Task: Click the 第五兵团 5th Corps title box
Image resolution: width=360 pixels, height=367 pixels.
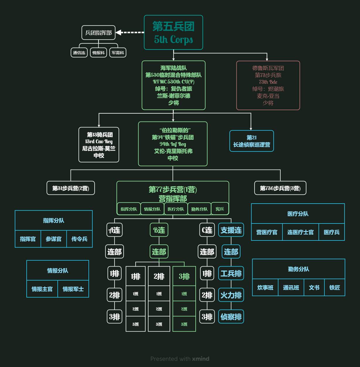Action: tap(173, 33)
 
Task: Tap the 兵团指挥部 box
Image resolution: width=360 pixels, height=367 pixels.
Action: tap(98, 33)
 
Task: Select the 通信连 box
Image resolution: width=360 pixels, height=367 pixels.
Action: tap(79, 53)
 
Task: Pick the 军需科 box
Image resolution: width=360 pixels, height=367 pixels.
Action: tap(118, 53)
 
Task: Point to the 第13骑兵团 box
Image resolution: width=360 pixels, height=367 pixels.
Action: tap(99, 145)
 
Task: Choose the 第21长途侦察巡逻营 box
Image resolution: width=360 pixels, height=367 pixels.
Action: tap(252, 141)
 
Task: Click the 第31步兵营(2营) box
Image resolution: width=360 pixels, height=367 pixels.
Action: tap(71, 188)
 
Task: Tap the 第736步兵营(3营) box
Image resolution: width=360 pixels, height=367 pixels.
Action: tap(280, 188)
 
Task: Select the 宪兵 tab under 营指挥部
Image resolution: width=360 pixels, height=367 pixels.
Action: tap(220, 209)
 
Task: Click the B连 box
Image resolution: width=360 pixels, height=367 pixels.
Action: tap(159, 230)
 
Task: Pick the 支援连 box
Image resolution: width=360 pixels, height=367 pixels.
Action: tap(231, 230)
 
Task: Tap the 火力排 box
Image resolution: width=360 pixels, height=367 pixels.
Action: tap(231, 295)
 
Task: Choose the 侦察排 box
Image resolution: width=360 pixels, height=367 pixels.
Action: tap(231, 317)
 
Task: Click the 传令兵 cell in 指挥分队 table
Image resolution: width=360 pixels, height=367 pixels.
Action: tap(79, 239)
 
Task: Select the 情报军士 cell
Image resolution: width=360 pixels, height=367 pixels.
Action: tap(73, 289)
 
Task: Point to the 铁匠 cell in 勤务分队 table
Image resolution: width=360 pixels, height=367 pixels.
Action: tap(335, 288)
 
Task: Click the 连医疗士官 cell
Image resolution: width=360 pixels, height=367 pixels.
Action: tap(301, 232)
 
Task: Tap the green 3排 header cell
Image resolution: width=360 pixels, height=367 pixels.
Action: tap(184, 276)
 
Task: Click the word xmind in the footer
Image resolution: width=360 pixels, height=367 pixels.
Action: tap(201, 359)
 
